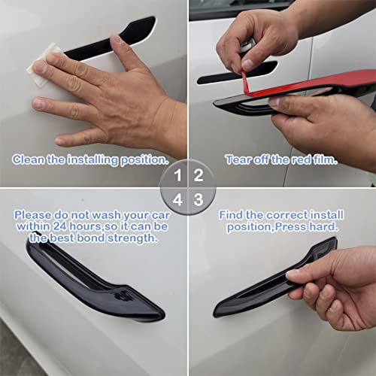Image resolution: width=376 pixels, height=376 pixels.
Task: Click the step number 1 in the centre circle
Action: pos(178,175)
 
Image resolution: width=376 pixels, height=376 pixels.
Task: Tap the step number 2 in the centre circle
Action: pos(199,175)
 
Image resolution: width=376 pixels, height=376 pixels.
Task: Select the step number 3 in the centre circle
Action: pos(199,200)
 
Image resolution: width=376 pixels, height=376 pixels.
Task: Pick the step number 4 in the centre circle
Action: pos(177,200)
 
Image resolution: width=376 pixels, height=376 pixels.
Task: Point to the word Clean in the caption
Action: pos(29,159)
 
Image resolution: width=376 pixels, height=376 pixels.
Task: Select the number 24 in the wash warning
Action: pos(59,226)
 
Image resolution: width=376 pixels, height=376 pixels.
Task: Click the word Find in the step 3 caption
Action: pos(231,215)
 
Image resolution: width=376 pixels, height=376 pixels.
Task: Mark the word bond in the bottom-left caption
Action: pos(91,238)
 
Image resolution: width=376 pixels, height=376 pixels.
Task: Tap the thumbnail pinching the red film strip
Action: pos(247,64)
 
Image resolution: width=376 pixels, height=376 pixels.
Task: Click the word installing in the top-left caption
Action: pos(92,160)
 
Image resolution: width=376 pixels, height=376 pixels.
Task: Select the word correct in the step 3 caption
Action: pos(287,215)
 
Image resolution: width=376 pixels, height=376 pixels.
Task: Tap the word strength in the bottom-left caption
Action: pos(132,238)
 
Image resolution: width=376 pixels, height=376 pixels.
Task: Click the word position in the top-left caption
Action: pos(144,160)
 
